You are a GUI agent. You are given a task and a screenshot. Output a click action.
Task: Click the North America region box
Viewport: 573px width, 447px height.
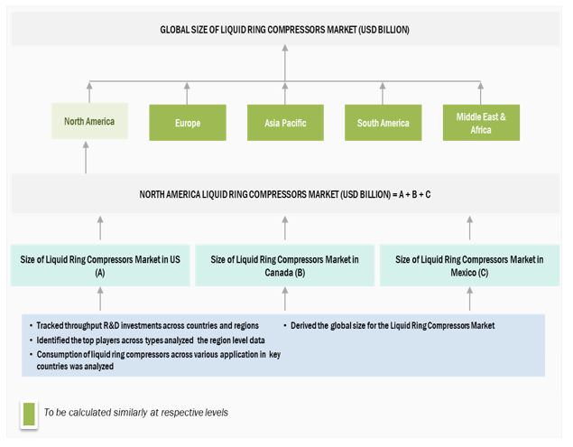88,122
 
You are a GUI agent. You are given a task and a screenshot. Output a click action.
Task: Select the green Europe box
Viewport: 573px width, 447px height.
187,123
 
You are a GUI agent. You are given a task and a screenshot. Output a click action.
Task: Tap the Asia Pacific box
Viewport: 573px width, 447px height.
284,123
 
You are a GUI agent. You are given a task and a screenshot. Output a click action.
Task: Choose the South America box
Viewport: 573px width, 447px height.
383,123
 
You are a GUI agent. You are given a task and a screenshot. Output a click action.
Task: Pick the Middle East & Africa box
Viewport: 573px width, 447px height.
481,123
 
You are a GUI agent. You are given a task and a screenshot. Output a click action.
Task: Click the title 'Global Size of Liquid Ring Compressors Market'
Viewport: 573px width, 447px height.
285,30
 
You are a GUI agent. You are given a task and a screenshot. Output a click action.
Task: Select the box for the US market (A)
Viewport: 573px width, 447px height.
100,265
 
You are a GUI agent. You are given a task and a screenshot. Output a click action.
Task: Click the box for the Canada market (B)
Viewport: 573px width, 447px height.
285,265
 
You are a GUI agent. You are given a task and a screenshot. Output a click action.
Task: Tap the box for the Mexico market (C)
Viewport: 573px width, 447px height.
469,265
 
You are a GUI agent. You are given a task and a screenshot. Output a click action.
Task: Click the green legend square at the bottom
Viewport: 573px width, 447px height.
29,413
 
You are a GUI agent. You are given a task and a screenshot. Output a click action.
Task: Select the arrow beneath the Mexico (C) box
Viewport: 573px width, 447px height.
469,299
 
